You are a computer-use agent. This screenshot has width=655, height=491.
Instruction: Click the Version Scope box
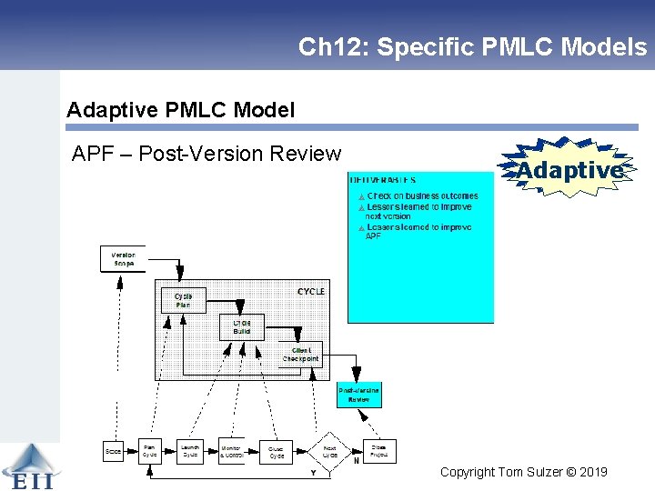[122, 259]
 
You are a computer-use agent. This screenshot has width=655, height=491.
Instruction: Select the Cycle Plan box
[183, 300]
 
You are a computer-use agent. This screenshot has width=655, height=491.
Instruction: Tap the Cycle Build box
[242, 327]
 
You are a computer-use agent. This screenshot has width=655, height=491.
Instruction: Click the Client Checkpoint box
[300, 354]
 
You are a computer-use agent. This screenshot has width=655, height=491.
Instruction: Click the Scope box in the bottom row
[114, 451]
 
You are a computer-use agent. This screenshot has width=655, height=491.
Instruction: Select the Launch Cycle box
[190, 451]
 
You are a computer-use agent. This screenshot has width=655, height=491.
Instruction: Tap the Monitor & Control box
[231, 451]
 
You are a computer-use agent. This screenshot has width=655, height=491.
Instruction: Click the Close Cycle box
[276, 451]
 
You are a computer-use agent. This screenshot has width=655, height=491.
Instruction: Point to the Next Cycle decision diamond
[329, 451]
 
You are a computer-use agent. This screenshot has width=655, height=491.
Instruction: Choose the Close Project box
[378, 451]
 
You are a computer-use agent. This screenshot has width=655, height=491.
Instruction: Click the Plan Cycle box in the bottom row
[149, 451]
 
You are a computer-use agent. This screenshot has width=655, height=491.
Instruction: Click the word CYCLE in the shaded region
[310, 291]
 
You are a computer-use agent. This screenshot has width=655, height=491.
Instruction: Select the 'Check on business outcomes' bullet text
[422, 196]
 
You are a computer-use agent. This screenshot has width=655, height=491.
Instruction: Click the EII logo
[27, 468]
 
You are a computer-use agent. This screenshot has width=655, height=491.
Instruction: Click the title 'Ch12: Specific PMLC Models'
[472, 47]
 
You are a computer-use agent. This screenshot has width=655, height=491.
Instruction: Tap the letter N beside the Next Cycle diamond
[356, 461]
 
